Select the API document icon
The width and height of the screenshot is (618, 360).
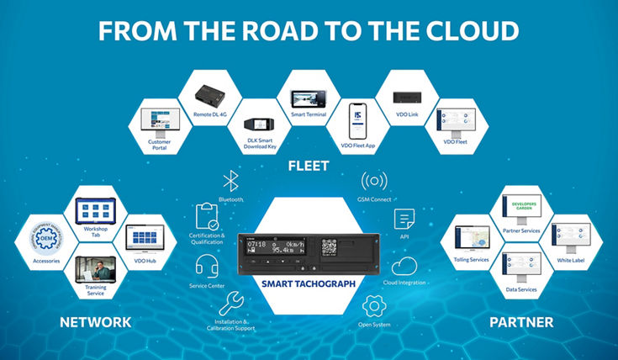click(403, 220)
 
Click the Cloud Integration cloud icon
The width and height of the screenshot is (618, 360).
click(404, 266)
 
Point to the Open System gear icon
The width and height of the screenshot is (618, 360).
click(373, 304)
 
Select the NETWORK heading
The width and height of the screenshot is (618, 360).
click(95, 322)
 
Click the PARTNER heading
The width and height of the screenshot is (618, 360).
click(521, 322)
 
